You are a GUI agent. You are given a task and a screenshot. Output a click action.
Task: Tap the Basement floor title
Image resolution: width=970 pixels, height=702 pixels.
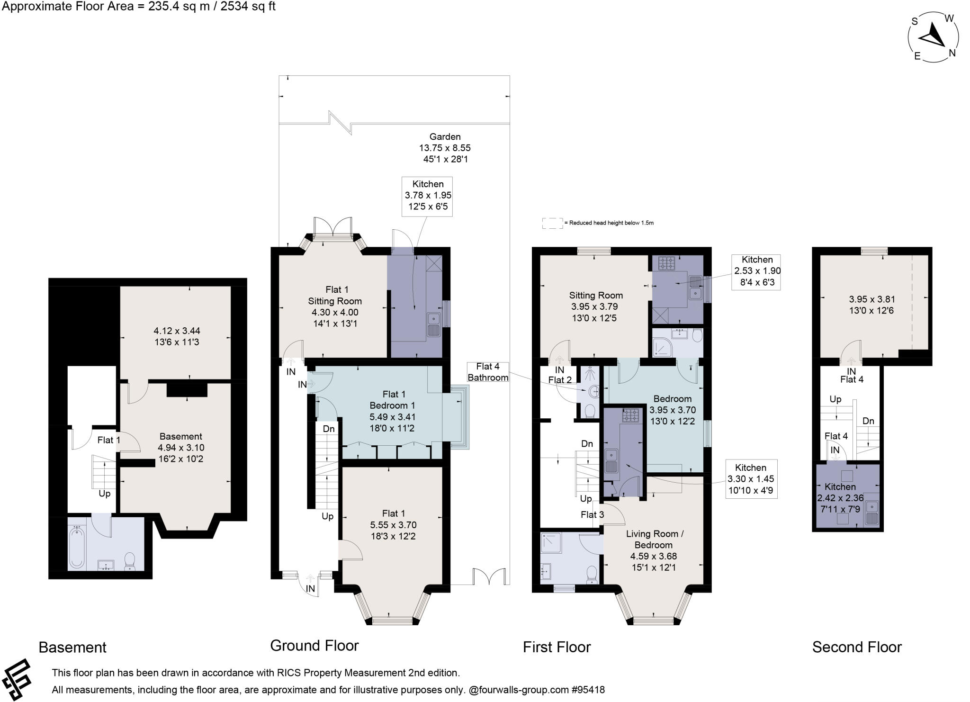point(72,647)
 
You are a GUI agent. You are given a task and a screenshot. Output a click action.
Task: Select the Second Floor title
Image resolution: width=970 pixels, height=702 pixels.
point(857,647)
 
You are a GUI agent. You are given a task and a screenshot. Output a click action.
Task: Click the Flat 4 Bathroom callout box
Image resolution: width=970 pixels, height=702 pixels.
point(488,372)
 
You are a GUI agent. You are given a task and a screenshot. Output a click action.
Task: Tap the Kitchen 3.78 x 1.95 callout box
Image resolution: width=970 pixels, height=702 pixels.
point(427,196)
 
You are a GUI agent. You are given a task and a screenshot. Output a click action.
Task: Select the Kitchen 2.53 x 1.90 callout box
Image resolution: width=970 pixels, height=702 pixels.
point(757,271)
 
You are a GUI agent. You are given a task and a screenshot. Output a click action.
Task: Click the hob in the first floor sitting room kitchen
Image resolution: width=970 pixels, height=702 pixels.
point(666,263)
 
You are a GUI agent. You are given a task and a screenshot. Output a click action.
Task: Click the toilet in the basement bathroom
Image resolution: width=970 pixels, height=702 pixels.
point(130,562)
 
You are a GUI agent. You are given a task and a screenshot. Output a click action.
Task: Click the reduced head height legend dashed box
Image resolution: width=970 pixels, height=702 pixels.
point(552,224)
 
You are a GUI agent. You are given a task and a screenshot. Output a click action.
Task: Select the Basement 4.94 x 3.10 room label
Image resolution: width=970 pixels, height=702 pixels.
point(181,448)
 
